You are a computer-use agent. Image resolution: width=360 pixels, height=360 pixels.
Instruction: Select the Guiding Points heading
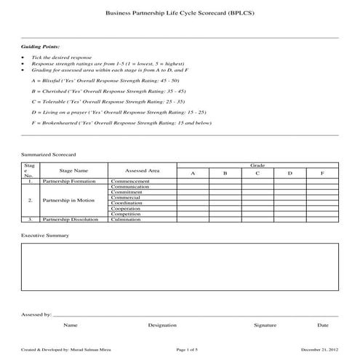tap(36, 46)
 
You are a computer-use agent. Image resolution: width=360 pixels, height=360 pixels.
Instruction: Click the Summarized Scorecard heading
tap(49, 155)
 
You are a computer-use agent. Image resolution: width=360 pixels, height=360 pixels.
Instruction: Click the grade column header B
tap(225, 173)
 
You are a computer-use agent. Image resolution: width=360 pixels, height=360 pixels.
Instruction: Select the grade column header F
tap(321, 173)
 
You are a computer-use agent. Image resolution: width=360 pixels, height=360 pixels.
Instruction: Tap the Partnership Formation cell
tap(71, 181)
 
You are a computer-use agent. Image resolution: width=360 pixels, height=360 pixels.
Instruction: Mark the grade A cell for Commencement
tap(193, 181)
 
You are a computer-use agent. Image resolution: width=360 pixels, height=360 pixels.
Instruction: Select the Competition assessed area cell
tap(126, 214)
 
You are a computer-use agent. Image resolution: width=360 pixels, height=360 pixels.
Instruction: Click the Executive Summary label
tap(45, 236)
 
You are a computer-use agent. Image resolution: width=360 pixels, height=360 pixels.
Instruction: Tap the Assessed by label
tap(36, 316)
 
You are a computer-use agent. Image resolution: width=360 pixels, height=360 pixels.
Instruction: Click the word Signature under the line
tap(265, 325)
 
